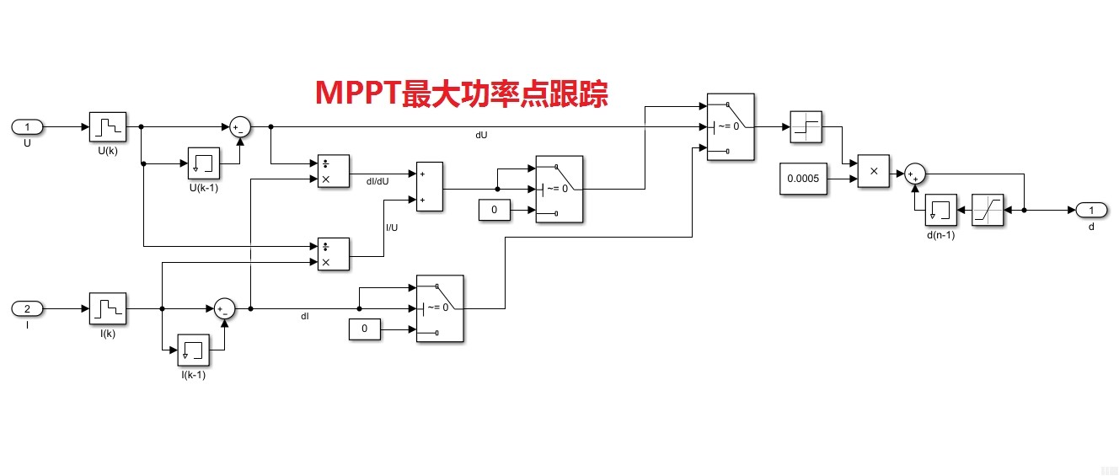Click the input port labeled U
(27, 127)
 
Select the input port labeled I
(27, 309)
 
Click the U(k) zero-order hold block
(107, 127)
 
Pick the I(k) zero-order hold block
(107, 309)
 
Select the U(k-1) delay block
(203, 163)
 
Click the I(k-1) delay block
(193, 350)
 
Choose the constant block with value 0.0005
(803, 179)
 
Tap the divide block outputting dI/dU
(333, 172)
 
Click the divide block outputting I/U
(333, 254)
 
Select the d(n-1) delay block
(941, 210)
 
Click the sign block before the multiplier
(806, 127)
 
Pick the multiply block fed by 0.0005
(874, 171)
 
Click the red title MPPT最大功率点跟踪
(462, 93)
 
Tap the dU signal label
(481, 135)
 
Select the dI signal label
(305, 317)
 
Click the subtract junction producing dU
(240, 127)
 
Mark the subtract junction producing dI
(223, 309)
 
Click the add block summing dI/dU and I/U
(429, 187)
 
